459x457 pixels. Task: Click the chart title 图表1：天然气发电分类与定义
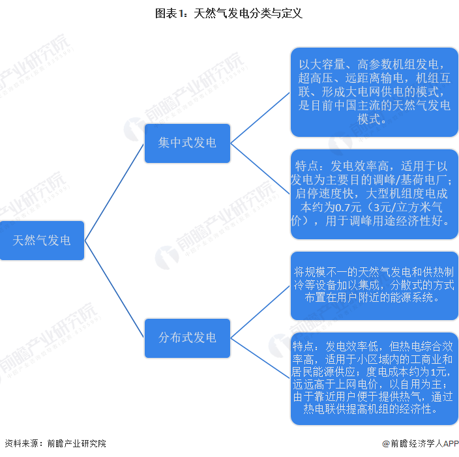click(229, 14)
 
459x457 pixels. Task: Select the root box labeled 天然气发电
click(42, 241)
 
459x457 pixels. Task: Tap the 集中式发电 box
click(187, 143)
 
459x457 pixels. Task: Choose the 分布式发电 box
click(187, 338)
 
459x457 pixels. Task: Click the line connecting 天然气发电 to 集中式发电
click(115, 192)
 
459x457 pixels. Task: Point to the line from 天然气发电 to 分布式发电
click(115, 289)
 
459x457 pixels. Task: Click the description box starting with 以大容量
click(374, 92)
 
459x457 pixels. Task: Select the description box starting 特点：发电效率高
click(374, 194)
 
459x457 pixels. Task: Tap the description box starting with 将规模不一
click(374, 286)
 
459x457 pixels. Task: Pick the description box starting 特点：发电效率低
click(374, 379)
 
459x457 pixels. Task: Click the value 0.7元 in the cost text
click(348, 207)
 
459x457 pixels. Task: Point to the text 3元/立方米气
click(407, 207)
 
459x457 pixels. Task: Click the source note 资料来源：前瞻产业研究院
click(55, 443)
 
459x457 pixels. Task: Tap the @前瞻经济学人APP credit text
click(421, 444)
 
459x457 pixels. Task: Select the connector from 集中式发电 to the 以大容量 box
click(260, 118)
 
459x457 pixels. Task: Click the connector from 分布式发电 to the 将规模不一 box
click(260, 312)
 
